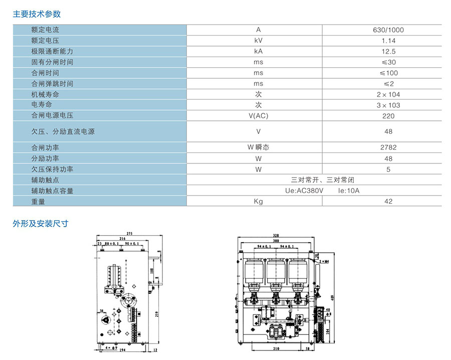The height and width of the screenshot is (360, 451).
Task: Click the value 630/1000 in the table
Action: [x=388, y=30]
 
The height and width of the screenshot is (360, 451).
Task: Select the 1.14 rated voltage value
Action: [x=388, y=41]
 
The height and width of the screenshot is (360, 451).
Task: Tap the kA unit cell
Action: [x=258, y=52]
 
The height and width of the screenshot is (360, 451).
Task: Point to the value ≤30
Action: [x=388, y=62]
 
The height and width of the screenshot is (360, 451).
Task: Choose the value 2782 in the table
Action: [x=388, y=148]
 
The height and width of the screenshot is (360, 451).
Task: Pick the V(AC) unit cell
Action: [x=258, y=116]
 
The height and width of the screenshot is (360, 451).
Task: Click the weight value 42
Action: [x=388, y=202]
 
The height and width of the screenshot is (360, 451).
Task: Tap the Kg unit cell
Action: [x=258, y=202]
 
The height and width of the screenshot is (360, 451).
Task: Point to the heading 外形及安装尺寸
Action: [x=40, y=224]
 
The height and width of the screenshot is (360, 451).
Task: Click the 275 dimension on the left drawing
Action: [x=129, y=234]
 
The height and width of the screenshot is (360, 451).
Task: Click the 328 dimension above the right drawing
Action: [x=276, y=235]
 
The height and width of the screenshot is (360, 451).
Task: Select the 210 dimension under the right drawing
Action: [x=276, y=348]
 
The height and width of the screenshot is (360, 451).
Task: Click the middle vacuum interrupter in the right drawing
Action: [x=275, y=273]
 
